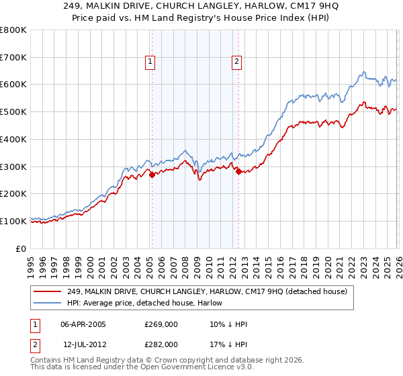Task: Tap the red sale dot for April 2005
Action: [152, 175]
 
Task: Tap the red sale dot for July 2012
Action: [238, 171]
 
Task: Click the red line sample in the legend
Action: [48, 291]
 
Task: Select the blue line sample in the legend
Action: [48, 303]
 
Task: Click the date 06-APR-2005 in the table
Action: [83, 324]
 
